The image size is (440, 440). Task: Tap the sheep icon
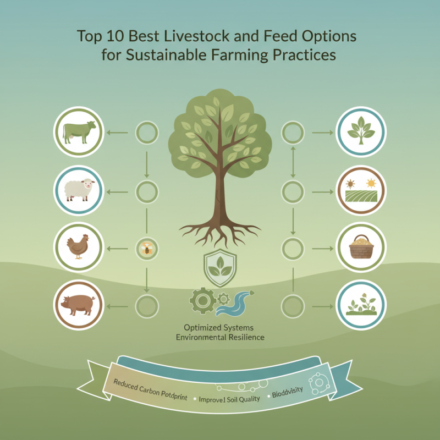pyautogui.click(x=79, y=190)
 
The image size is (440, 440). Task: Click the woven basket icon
pyautogui.click(x=361, y=248)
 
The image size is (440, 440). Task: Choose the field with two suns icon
pyautogui.click(x=361, y=190)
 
